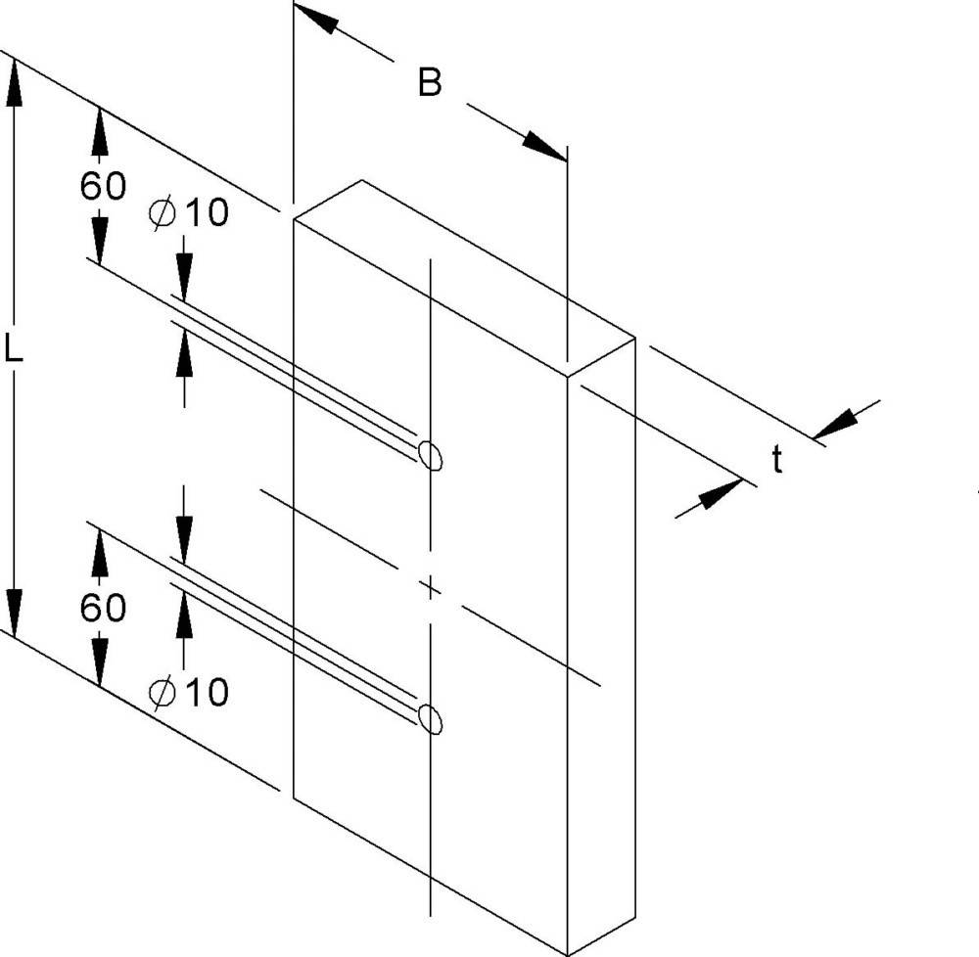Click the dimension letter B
coord(430,83)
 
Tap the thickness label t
coord(776,460)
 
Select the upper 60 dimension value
coord(103,185)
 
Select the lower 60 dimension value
coord(103,607)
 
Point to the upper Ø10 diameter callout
coord(189,212)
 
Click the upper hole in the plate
coord(430,455)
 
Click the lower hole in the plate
coord(430,718)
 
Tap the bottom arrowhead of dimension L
coord(14,614)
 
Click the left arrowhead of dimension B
coord(315,18)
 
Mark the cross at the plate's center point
coord(430,588)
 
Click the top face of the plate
coord(465,278)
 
